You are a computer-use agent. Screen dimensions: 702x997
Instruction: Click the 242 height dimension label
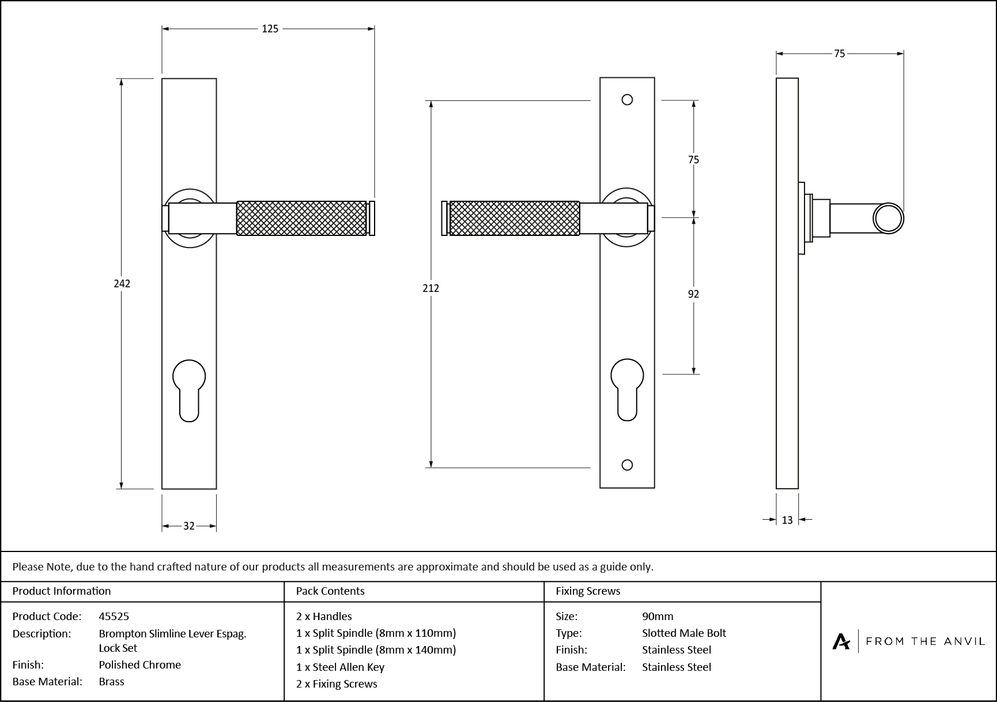coord(122,283)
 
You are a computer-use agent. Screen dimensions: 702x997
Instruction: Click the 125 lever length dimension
coord(270,29)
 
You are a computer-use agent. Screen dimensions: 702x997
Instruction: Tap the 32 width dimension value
coord(189,526)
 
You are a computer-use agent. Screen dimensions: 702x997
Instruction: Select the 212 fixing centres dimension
coord(430,288)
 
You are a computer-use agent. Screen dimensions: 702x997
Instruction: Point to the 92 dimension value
coord(693,294)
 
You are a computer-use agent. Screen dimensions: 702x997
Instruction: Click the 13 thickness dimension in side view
coord(787,520)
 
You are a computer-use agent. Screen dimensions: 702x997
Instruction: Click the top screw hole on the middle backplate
coord(627,100)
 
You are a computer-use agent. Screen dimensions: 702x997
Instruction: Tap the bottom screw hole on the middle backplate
coord(628,465)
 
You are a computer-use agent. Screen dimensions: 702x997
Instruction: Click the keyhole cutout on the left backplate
coord(189,389)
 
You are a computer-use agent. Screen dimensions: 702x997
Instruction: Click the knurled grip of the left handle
coord(301,218)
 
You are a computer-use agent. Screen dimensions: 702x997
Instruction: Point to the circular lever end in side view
coord(888,219)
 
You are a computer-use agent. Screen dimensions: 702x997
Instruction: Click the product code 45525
coord(114,616)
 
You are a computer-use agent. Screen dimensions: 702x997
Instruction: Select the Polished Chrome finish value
coord(139,665)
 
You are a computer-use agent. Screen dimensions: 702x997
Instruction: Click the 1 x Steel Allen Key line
coord(340,667)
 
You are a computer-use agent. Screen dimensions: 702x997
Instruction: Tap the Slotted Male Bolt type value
coord(683,633)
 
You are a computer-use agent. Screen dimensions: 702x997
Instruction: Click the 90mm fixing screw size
coord(658,616)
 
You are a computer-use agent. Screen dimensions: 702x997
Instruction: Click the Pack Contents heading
coord(330,591)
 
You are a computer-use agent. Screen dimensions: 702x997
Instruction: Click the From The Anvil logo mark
coord(841,641)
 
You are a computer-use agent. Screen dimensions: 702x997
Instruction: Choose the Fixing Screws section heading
coord(588,591)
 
